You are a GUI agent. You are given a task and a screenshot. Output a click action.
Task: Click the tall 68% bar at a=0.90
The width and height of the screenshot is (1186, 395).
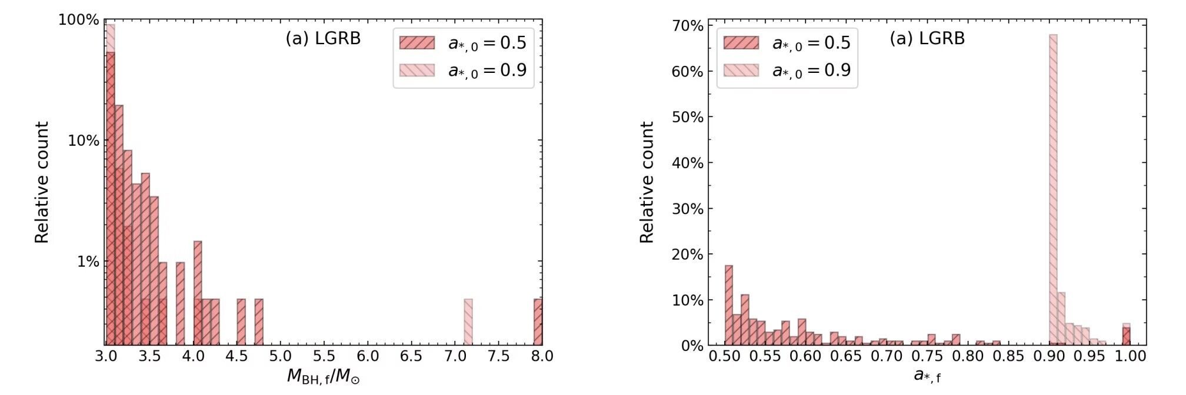point(1053,188)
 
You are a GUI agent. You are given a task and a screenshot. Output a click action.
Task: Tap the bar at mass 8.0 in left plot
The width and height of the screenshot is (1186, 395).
point(538,322)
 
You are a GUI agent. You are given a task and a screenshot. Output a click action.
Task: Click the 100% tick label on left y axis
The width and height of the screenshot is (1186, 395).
point(79,20)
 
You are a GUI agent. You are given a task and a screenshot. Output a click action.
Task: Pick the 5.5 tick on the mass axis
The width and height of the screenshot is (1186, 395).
point(324,356)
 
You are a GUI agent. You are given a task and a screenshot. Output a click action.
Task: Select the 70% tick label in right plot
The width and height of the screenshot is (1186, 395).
point(688,26)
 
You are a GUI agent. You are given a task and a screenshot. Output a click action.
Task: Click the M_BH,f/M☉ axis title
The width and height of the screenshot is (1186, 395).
point(323,376)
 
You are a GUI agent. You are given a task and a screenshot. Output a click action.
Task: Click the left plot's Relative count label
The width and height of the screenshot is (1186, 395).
point(41,182)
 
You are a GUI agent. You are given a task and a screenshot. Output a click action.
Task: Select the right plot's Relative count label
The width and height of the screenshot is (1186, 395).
point(647,182)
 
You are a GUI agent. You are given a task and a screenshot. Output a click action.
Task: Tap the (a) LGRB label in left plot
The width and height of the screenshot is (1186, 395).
point(323,39)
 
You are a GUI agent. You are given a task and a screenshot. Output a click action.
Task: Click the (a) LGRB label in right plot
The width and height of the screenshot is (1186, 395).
point(927,39)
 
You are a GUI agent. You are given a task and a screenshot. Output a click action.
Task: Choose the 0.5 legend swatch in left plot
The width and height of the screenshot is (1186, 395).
point(417,43)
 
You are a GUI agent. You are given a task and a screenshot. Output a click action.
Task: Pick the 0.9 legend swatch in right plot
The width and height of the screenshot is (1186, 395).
point(741,71)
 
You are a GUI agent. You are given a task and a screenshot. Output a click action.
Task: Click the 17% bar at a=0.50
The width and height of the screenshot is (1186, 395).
point(729,306)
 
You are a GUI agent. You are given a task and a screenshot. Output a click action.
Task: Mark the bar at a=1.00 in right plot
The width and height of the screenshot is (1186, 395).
point(1126,336)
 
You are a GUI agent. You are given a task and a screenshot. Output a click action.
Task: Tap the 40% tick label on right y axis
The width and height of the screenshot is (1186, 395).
point(688,163)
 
